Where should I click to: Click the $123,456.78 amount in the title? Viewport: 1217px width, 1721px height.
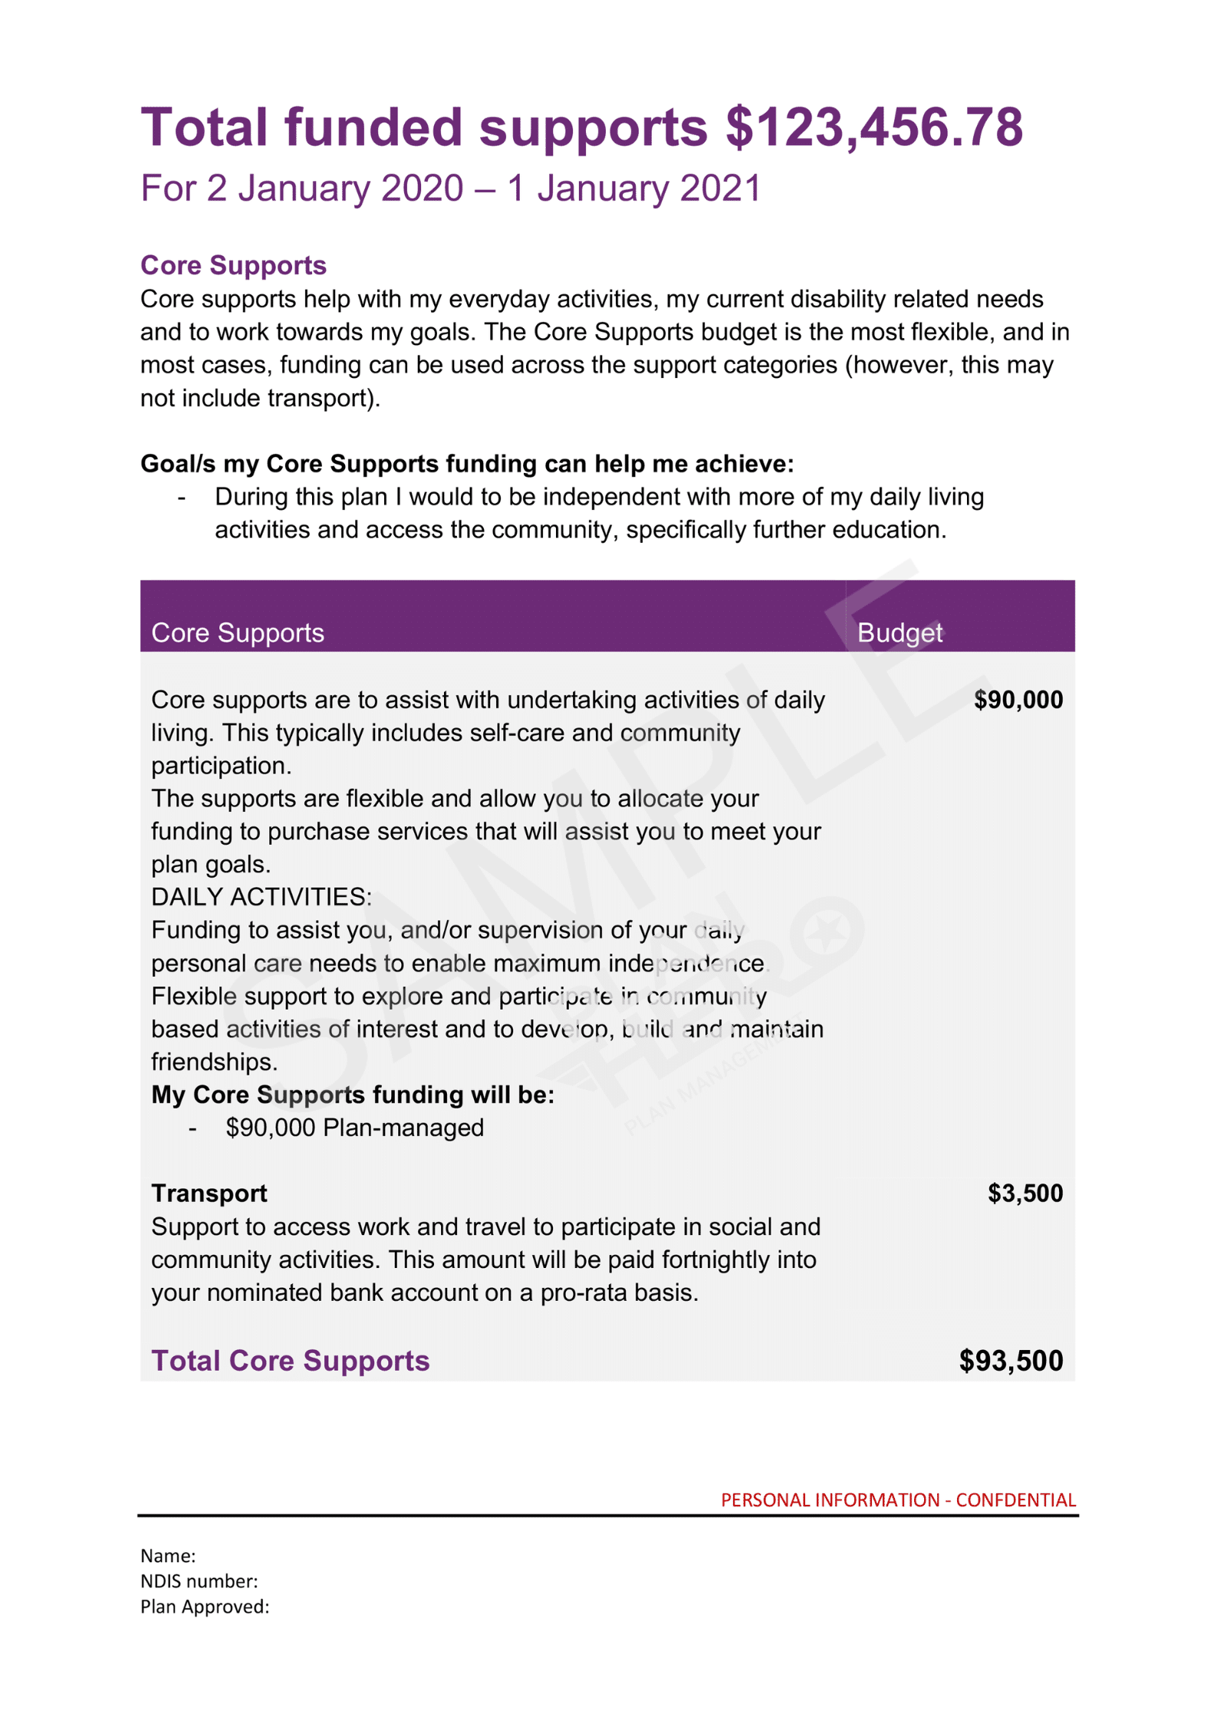873,127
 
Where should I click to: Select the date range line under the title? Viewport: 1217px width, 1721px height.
450,189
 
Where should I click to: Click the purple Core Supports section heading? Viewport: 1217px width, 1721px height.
233,265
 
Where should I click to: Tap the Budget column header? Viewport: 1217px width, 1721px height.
899,632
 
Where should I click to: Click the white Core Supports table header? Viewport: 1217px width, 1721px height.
238,632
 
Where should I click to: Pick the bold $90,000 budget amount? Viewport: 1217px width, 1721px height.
1018,700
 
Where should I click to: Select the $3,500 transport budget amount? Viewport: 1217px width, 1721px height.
1025,1193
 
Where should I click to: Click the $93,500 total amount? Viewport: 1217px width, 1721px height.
1011,1361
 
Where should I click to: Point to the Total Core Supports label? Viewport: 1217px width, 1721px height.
290,1361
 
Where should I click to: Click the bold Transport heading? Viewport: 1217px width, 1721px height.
209,1194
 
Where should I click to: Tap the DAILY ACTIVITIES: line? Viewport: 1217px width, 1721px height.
261,897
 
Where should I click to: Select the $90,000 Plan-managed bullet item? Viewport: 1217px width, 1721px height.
354,1128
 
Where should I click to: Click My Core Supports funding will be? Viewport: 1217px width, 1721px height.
353,1095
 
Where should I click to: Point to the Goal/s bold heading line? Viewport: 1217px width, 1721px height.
467,464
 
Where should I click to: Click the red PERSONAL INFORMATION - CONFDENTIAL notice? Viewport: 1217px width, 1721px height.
898,1500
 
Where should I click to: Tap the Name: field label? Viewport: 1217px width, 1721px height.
168,1555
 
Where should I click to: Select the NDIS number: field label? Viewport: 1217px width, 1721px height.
199,1581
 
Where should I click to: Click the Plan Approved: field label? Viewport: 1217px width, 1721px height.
205,1606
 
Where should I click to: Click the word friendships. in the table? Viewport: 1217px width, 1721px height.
214,1062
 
